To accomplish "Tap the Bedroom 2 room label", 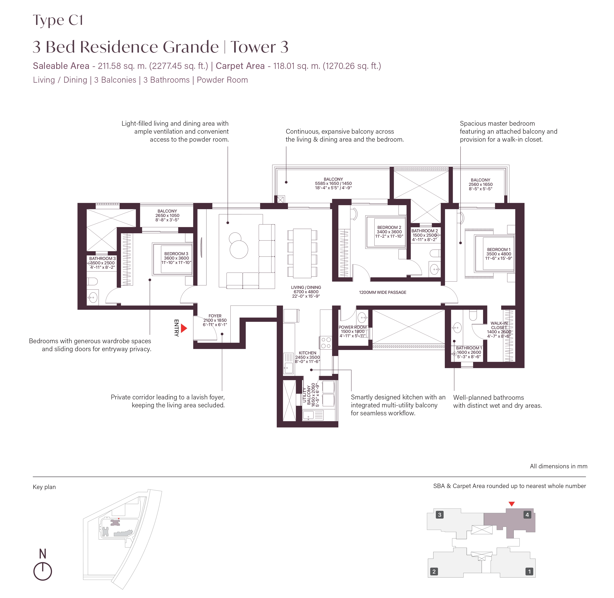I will coord(389,232).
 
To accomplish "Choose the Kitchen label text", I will coord(307,357).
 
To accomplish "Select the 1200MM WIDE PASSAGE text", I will coord(382,292).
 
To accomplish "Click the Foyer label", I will coord(215,320).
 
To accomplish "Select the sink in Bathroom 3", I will coord(93,297).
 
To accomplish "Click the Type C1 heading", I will coord(58,20).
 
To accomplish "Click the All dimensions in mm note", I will coord(558,466).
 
